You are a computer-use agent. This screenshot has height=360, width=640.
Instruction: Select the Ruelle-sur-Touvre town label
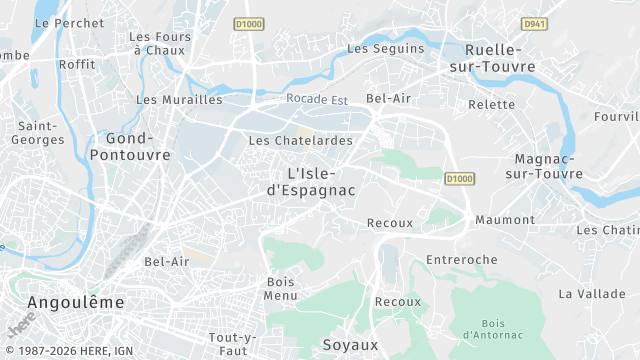pos(499,58)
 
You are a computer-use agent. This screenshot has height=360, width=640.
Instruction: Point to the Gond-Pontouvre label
pos(130,147)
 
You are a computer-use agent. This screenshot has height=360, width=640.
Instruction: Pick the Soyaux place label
pos(350,345)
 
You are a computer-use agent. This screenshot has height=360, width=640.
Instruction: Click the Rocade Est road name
pos(316,99)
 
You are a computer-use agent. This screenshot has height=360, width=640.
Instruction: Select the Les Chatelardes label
pos(300,141)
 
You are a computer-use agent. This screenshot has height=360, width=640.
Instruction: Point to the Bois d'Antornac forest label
pos(492,329)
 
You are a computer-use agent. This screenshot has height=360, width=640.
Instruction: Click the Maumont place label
pos(505,220)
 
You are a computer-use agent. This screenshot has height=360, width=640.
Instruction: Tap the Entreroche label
pos(461,260)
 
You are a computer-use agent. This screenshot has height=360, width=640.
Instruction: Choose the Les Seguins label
pos(385,48)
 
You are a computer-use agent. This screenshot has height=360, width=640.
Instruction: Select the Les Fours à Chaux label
pos(159,43)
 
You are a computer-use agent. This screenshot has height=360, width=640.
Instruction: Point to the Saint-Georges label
pos(38,133)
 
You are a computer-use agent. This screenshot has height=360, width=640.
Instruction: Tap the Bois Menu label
pos(281,288)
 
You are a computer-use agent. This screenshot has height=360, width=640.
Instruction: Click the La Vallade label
pos(586,294)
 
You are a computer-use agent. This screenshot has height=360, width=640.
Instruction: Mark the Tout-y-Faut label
pos(233,344)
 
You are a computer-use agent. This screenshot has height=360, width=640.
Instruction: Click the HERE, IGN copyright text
pos(70,352)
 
